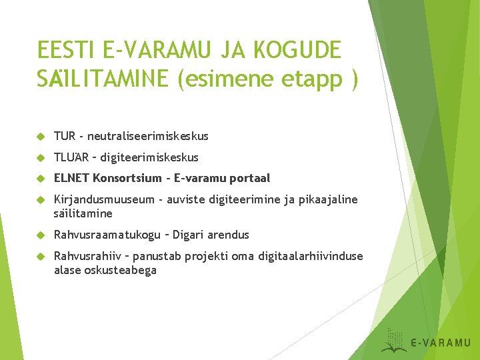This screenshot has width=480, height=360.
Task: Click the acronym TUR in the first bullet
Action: click(x=64, y=136)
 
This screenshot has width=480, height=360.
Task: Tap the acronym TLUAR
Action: click(x=69, y=157)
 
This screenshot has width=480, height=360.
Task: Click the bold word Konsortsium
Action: click(x=126, y=178)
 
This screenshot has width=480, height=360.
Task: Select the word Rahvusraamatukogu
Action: click(x=107, y=235)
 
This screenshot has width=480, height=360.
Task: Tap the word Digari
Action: click(x=191, y=235)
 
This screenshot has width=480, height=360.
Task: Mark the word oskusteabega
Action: click(x=119, y=270)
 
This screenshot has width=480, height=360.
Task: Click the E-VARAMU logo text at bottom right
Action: click(x=440, y=343)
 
